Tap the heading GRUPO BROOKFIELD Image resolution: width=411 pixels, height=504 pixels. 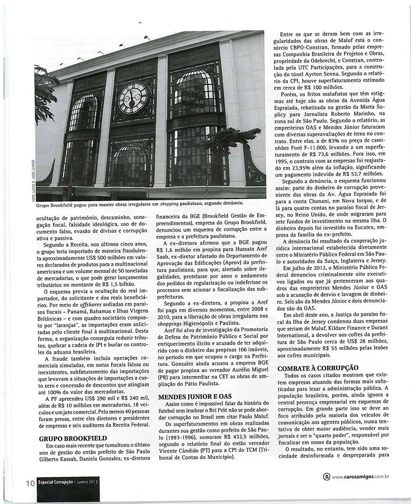73,439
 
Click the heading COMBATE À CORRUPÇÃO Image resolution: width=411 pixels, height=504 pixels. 318,368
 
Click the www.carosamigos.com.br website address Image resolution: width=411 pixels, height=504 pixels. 361,476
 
